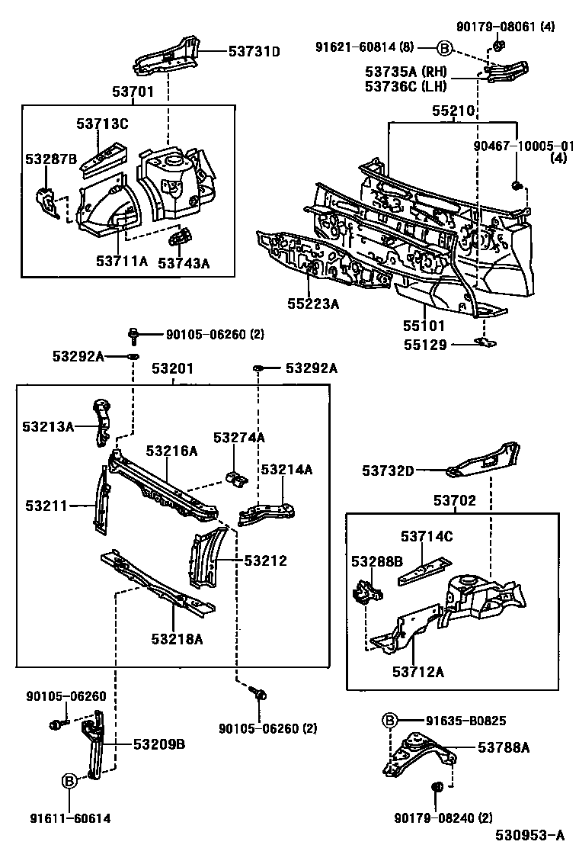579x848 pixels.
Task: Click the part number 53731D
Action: tap(254, 52)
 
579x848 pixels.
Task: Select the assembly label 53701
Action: tap(134, 92)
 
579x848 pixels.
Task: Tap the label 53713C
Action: tap(102, 124)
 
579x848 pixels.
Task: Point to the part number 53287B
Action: tap(51, 159)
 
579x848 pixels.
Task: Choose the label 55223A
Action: tap(313, 304)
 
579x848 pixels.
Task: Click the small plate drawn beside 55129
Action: tap(480, 342)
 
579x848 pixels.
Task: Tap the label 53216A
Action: tap(171, 451)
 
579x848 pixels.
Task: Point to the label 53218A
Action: tap(176, 638)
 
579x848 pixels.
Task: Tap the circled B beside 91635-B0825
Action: tap(389, 721)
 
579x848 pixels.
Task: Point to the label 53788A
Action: tap(504, 748)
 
